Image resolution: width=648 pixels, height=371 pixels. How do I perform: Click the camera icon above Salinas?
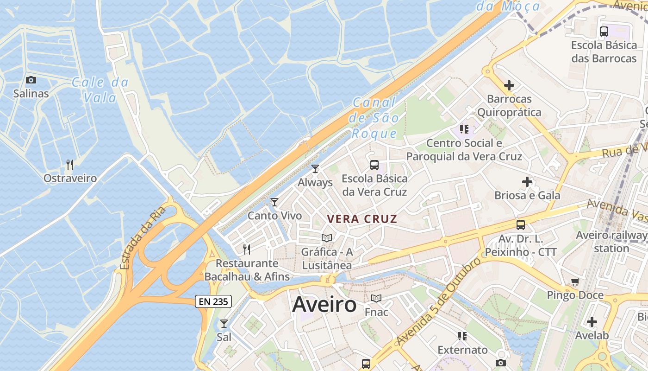pos(31,80)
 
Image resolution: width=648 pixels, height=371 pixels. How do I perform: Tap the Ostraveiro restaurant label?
pos(70,178)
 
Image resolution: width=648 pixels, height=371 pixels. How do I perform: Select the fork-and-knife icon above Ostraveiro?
pos(70,164)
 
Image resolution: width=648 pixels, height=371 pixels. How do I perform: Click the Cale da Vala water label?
pos(100,90)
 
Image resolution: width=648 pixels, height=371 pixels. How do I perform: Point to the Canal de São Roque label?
pos(374,118)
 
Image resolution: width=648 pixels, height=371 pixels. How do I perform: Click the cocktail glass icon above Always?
pos(315,169)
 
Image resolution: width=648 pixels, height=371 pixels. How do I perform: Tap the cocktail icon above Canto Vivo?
pos(274,202)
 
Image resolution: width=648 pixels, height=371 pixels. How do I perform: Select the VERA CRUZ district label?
pos(362,219)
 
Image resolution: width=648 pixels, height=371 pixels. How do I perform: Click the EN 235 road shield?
pos(213,301)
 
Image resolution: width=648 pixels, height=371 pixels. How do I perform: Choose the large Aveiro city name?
pos(324,305)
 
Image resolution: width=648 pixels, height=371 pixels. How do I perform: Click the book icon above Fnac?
pos(376,298)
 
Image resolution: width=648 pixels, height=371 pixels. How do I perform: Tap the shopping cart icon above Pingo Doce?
pos(575,281)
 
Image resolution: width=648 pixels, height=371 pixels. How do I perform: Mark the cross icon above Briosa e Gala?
pos(527,182)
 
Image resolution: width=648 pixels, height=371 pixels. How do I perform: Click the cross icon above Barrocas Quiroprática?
pos(509,85)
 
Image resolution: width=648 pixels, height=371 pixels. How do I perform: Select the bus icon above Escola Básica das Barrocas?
pos(604,32)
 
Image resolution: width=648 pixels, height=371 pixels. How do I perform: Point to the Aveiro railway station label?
pos(611,241)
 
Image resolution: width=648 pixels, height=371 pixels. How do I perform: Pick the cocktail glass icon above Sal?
pos(224,323)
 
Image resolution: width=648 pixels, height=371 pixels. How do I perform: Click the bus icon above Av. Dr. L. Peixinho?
pos(521,225)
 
